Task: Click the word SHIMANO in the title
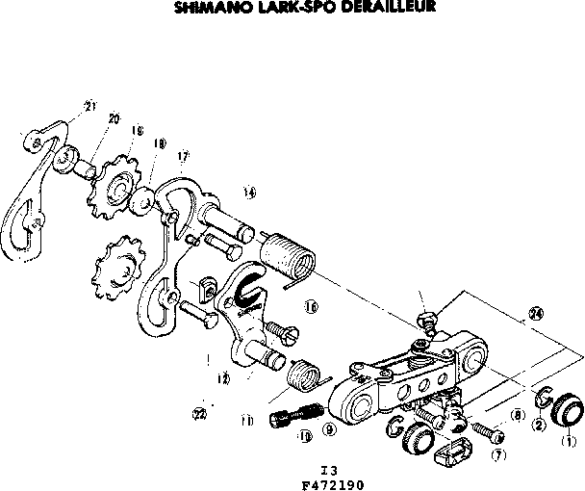point(211,7)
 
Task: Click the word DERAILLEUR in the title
point(374,7)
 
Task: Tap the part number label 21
point(90,106)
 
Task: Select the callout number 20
point(114,118)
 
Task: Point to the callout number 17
point(183,155)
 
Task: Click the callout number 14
point(250,192)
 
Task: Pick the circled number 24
point(536,313)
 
